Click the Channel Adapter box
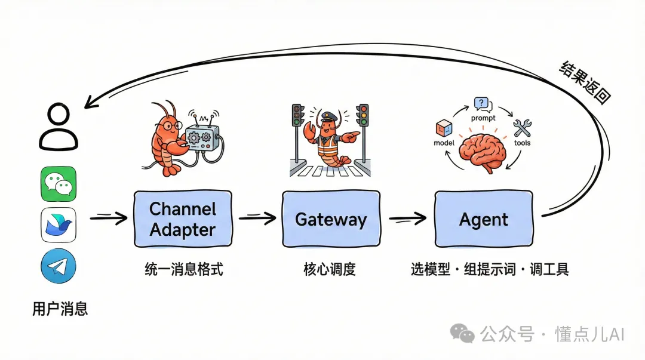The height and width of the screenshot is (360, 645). (182, 219)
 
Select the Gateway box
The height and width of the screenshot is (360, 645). (330, 219)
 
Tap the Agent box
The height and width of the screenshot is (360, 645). (483, 219)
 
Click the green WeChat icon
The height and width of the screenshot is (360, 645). (59, 183)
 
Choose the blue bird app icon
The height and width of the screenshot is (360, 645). (59, 224)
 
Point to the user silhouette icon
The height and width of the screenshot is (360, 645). (59, 127)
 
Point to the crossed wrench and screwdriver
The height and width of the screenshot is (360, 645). (523, 128)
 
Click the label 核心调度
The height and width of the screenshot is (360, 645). (330, 269)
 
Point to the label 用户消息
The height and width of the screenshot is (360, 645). (60, 309)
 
